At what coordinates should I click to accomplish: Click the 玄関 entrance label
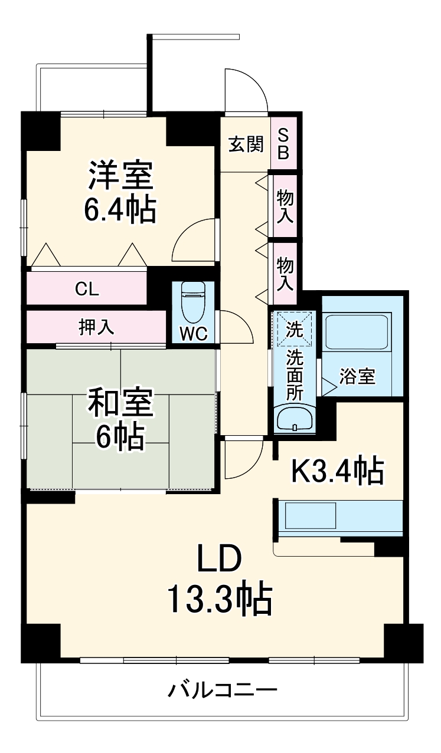click(x=246, y=144)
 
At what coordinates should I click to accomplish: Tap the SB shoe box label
click(x=283, y=144)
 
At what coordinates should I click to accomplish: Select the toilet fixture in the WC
click(x=192, y=300)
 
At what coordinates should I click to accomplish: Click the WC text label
click(x=193, y=333)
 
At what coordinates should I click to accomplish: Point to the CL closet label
click(x=87, y=289)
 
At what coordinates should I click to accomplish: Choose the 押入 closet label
click(x=96, y=326)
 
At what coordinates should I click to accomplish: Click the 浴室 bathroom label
click(x=358, y=376)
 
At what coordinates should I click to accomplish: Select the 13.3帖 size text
click(x=219, y=599)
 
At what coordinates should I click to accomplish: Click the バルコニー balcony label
click(x=222, y=689)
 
